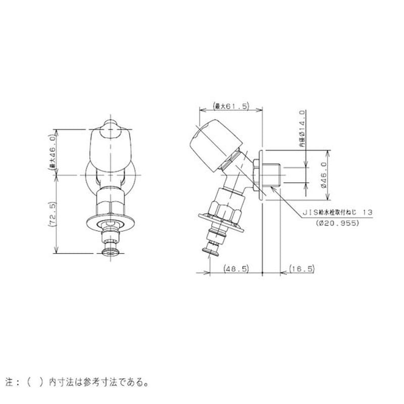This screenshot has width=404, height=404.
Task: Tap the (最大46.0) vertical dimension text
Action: coord(52,152)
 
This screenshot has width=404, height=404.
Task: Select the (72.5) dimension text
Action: coord(52,214)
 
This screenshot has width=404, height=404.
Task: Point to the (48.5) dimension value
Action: coord(236,269)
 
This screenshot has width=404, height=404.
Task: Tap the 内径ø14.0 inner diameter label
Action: coord(302,129)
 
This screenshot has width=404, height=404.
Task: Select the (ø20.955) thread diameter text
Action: coord(338,222)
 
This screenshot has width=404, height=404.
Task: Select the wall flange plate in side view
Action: coord(261,175)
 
